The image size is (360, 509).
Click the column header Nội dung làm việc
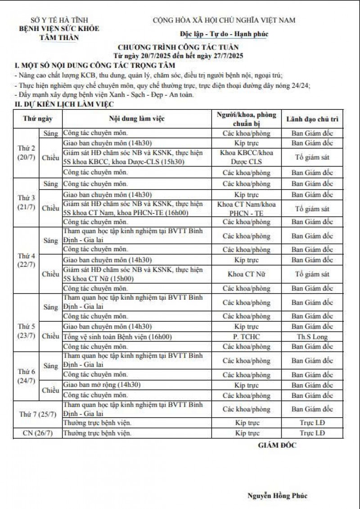coord(137,119)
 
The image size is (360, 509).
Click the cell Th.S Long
coord(312,337)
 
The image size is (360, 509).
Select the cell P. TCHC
coord(247,337)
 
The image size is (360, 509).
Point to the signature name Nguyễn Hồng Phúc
coord(277,495)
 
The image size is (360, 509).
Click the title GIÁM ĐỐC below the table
coord(277,445)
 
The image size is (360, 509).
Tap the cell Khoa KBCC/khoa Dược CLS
coord(247,157)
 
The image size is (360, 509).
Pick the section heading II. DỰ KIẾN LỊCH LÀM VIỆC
coord(63,104)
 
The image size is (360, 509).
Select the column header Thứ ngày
coord(38,119)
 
